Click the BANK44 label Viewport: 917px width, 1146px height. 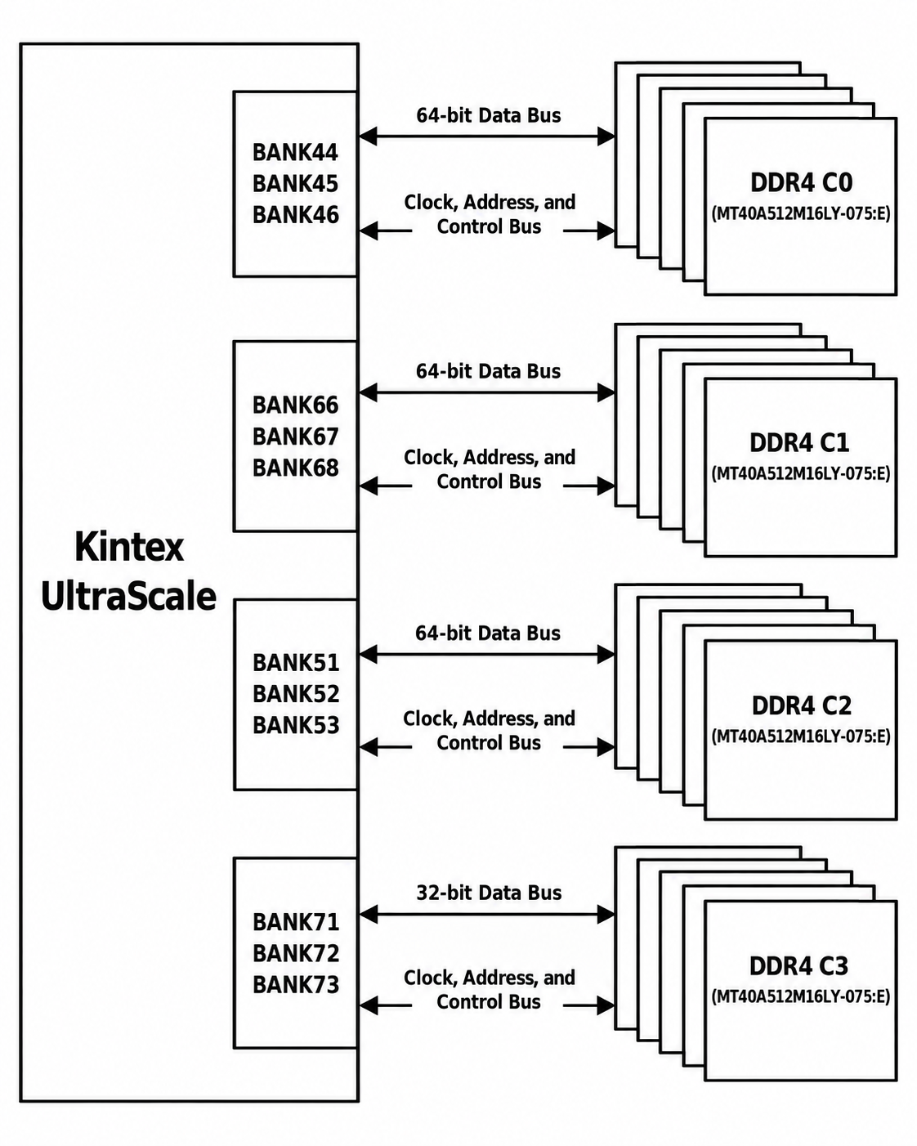click(295, 152)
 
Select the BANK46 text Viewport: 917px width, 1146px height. click(296, 215)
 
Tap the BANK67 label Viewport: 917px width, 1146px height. click(296, 436)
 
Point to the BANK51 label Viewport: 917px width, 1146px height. click(296, 663)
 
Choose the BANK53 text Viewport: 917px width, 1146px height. click(296, 725)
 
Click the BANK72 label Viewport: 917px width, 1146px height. click(296, 953)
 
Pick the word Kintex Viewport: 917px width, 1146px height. click(129, 547)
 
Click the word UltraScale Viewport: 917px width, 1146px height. click(129, 596)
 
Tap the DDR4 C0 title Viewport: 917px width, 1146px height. click(802, 182)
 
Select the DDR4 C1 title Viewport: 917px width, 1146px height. click(799, 443)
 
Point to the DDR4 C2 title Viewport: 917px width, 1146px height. click(802, 705)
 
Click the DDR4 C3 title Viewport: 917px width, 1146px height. click(798, 966)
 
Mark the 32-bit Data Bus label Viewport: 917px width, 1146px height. click(489, 893)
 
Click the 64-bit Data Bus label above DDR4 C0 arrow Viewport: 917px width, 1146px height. click(488, 115)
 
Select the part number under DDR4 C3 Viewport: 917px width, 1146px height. click(801, 996)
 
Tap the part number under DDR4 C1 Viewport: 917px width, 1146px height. click(801, 473)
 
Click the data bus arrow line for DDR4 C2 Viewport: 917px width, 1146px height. click(487, 654)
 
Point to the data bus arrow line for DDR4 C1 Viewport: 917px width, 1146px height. click(487, 393)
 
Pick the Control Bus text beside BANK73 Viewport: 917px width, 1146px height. click(489, 1001)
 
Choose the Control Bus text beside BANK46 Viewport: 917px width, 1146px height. click(489, 226)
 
